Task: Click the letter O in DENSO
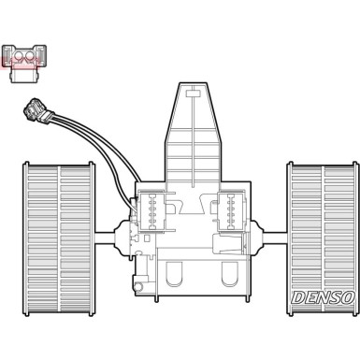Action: click(348, 297)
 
